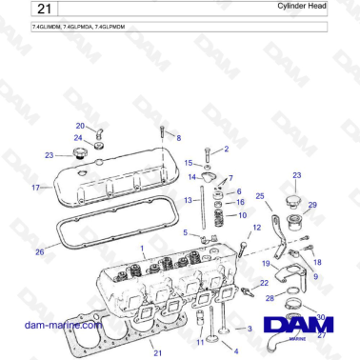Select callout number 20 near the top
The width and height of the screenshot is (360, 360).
coord(81,126)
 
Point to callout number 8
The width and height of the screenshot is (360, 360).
coord(178,138)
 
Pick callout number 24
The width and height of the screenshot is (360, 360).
coord(79,138)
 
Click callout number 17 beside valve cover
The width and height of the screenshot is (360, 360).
coord(35,188)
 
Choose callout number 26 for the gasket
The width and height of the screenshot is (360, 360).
coord(39,252)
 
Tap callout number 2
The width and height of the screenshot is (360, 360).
coord(226,149)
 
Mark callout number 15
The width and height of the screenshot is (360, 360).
coord(189,163)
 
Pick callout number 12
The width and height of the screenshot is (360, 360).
coord(256,228)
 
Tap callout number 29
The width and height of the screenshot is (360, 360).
coord(313,205)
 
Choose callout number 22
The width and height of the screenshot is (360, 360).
coord(264,283)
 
